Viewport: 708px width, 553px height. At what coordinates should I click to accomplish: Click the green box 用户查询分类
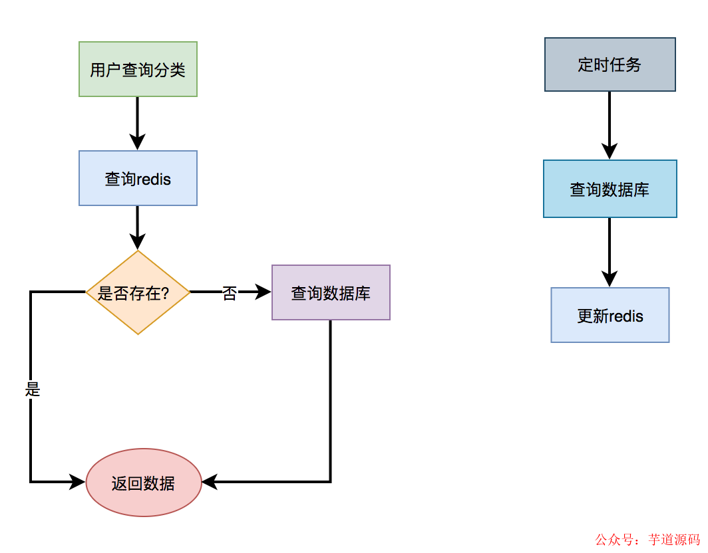(138, 69)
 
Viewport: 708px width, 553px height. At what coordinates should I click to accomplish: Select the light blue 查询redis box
(138, 178)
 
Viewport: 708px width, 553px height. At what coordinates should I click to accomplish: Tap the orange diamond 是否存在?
(138, 292)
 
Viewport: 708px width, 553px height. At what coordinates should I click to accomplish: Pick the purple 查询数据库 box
(331, 292)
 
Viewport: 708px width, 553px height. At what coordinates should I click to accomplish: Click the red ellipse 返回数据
(144, 483)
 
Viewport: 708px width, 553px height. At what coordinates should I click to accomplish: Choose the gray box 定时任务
(610, 64)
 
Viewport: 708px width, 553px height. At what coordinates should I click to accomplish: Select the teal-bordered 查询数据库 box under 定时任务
(610, 189)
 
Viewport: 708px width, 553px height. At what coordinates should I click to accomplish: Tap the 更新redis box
(610, 315)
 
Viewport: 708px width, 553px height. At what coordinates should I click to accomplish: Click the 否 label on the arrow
(229, 293)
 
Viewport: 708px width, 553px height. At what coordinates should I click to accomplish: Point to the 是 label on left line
(33, 389)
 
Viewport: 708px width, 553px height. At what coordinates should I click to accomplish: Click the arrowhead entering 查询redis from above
(138, 142)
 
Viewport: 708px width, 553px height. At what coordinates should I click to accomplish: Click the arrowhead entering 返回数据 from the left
(79, 482)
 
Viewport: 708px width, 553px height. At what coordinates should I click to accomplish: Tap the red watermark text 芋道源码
(673, 539)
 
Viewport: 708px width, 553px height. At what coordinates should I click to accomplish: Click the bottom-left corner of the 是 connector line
(31, 481)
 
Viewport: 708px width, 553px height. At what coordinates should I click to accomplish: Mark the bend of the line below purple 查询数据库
(330, 481)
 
